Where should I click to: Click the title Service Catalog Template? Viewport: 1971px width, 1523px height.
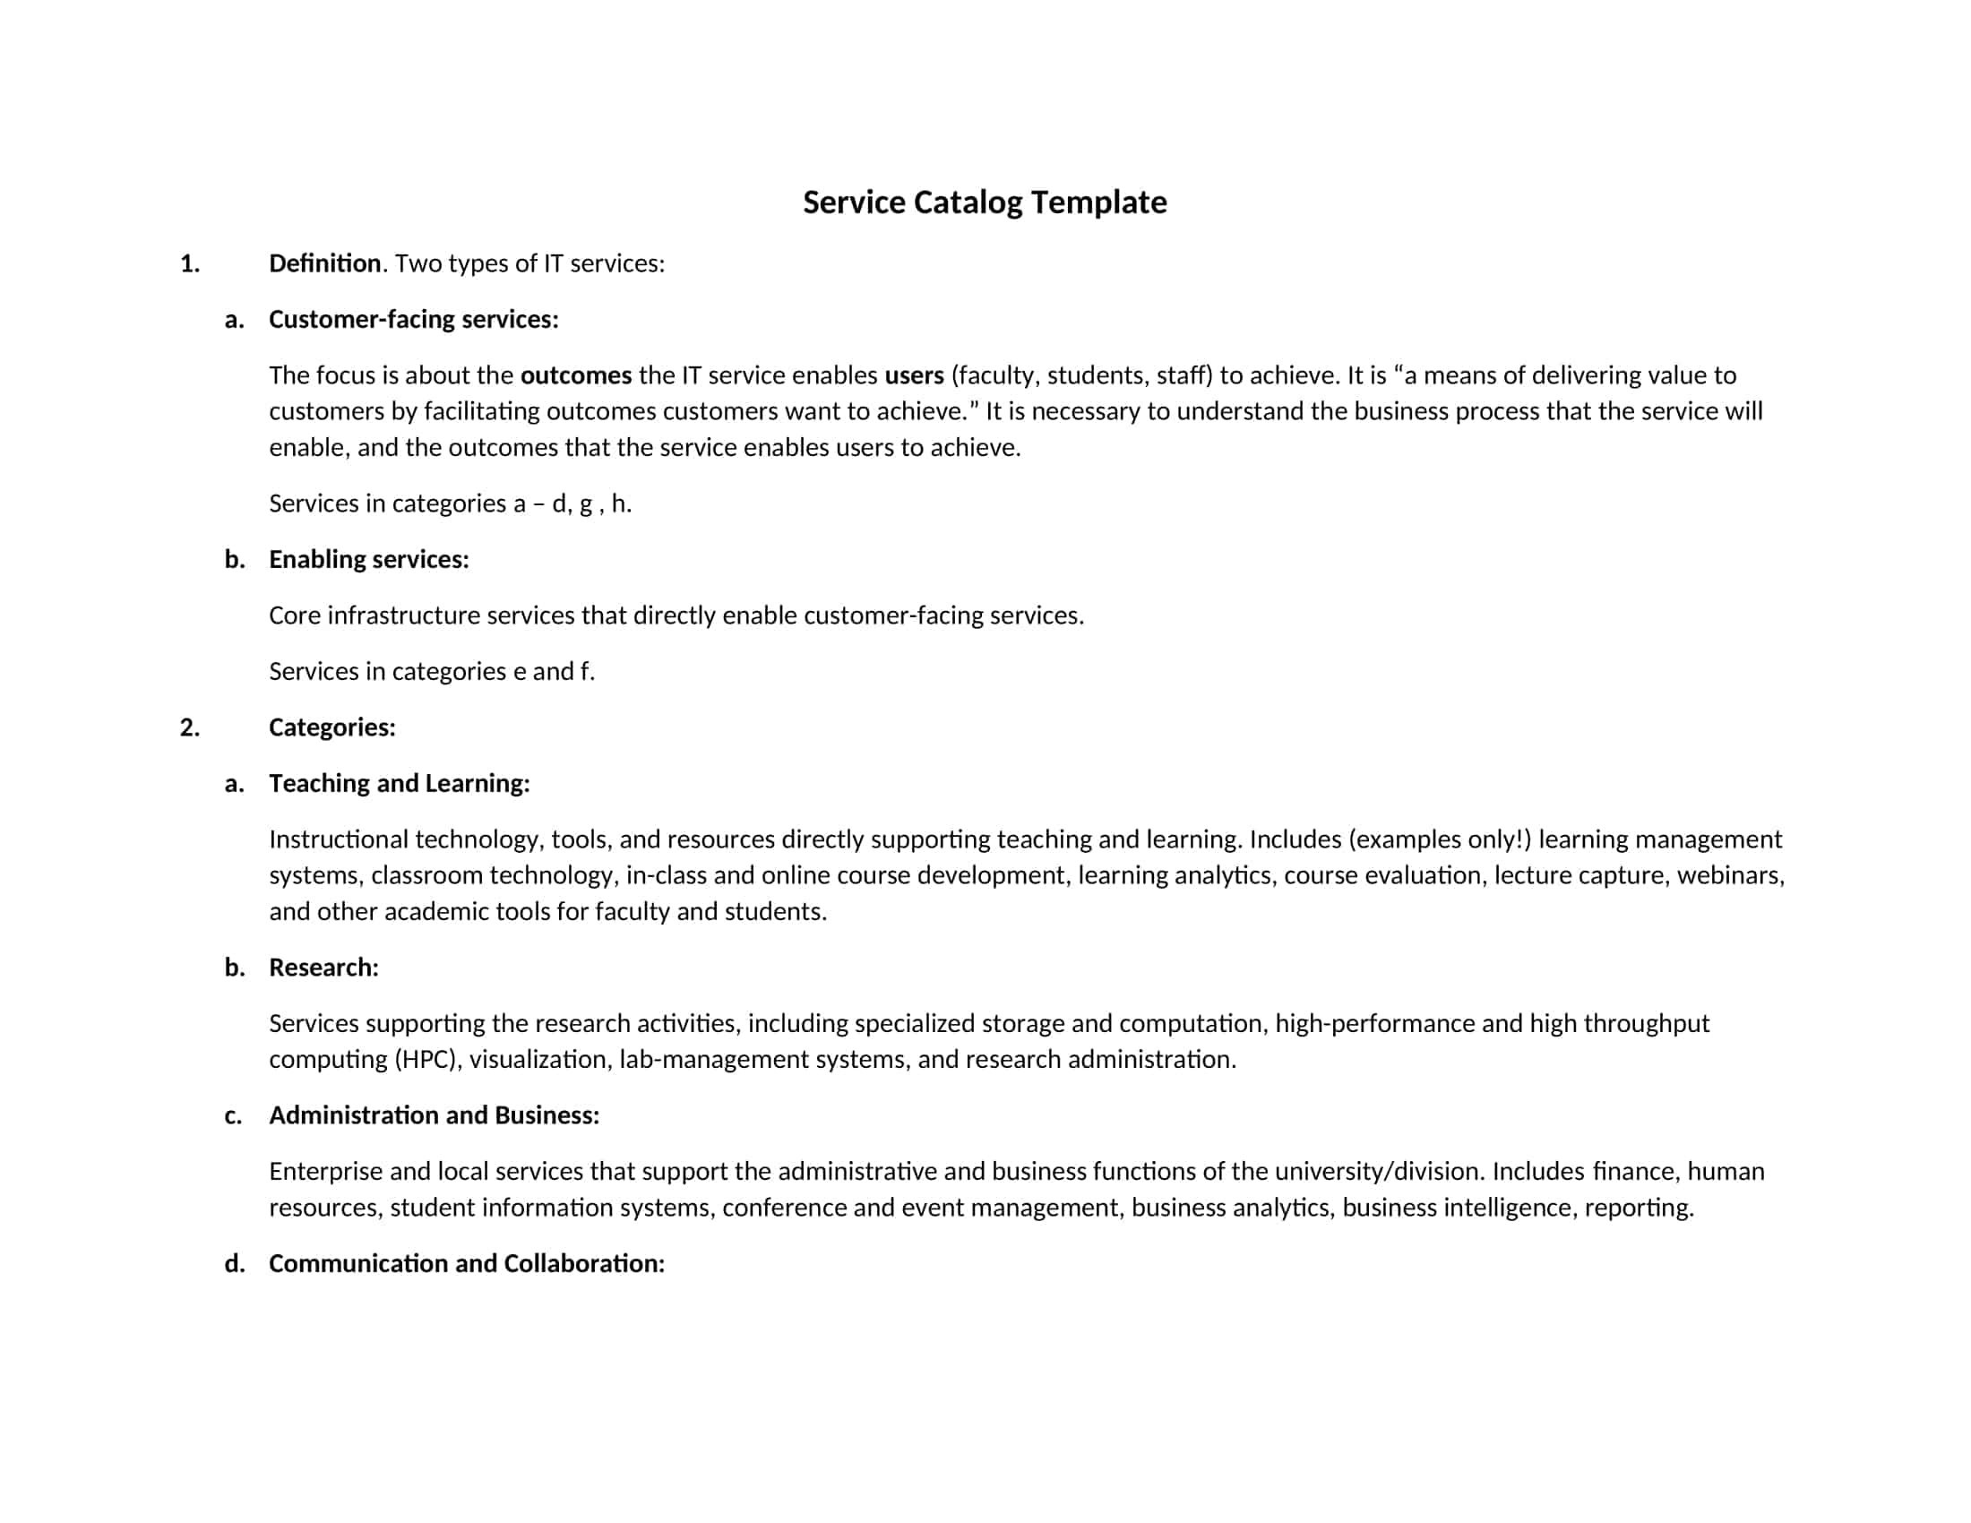[985, 202]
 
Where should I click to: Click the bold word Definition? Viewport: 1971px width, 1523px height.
[325, 263]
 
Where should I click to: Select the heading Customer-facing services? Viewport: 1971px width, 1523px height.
[413, 320]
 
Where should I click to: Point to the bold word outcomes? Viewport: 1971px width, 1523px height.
[576, 375]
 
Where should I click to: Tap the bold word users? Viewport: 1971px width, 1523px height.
[913, 375]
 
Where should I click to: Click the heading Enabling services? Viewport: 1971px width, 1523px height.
[368, 559]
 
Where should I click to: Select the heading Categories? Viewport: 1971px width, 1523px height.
[332, 727]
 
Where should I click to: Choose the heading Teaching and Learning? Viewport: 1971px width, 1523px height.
[399, 783]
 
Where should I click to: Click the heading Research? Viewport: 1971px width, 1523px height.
[323, 968]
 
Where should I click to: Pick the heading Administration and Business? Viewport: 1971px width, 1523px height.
[435, 1115]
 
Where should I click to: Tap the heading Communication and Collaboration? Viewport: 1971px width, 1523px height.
[467, 1263]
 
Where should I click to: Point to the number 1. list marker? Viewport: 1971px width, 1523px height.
[190, 263]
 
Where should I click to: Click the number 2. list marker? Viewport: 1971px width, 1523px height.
[190, 727]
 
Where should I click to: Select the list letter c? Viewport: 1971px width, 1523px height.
[234, 1116]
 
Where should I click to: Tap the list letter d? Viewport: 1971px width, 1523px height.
[235, 1263]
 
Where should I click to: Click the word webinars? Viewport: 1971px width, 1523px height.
[1730, 875]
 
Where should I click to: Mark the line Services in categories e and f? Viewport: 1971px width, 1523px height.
[432, 671]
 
